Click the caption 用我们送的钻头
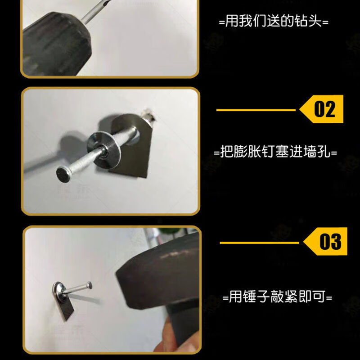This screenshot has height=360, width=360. tap(273, 22)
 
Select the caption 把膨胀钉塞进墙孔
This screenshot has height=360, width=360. tap(275, 152)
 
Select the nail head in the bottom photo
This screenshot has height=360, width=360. tap(89, 285)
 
